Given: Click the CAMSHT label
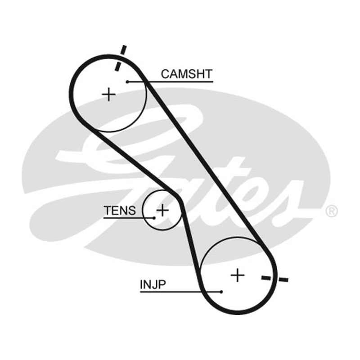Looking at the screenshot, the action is pos(186,74).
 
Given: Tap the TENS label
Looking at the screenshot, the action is pos(120,210).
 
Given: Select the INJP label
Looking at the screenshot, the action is pos(153,285).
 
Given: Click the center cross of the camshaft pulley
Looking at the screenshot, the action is pos(108,94).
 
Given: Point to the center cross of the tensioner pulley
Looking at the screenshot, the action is pos(162,210).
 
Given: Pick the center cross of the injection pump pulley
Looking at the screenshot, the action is pos(238,275).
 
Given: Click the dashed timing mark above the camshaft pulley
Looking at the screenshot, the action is pos(121,58).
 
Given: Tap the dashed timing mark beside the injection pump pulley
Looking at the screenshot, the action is pos(275,279).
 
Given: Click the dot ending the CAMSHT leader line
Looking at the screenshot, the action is pos(127,82).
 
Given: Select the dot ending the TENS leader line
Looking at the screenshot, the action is pos(154,218).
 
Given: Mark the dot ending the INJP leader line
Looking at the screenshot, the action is pos(221,292).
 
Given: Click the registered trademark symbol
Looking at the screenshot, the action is pos(332,211).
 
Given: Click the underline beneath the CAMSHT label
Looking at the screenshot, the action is pos(170,82).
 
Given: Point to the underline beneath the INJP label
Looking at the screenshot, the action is pos(181,292).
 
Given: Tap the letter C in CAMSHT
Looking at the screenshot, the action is pos(165,74).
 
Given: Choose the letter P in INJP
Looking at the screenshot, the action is pos(162,285).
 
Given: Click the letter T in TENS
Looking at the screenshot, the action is pos(108,210).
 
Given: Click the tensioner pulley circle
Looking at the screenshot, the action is pos(143,210).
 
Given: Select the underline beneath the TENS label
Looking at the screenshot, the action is pos(129,218).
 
